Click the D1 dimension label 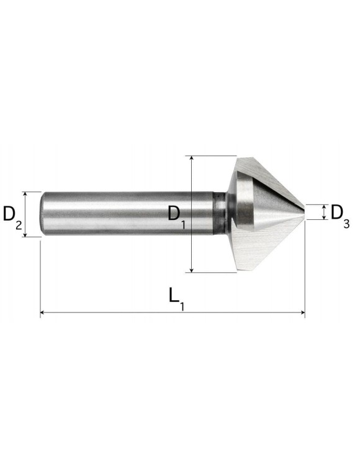[x=177, y=216]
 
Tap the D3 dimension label [x=340, y=216]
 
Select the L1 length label [x=177, y=299]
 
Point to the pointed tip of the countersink [x=305, y=212]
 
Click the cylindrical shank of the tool [x=127, y=214]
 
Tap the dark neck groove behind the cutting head [x=220, y=214]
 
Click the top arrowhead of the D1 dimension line [x=192, y=158]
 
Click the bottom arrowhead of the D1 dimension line [x=192, y=270]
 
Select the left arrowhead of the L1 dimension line [x=42, y=313]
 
